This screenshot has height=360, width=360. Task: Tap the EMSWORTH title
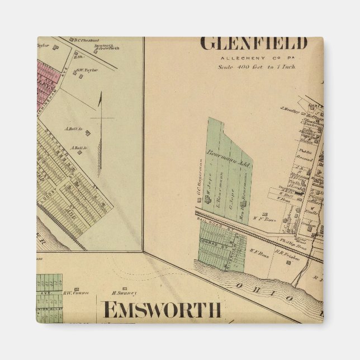point(162,309)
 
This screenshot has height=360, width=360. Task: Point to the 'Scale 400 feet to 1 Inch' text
point(257,67)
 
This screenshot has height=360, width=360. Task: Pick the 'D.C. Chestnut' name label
point(87,40)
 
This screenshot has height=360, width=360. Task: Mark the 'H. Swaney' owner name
point(124,292)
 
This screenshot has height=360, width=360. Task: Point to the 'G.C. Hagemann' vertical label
point(199,178)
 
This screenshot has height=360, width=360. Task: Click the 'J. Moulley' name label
point(289,109)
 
